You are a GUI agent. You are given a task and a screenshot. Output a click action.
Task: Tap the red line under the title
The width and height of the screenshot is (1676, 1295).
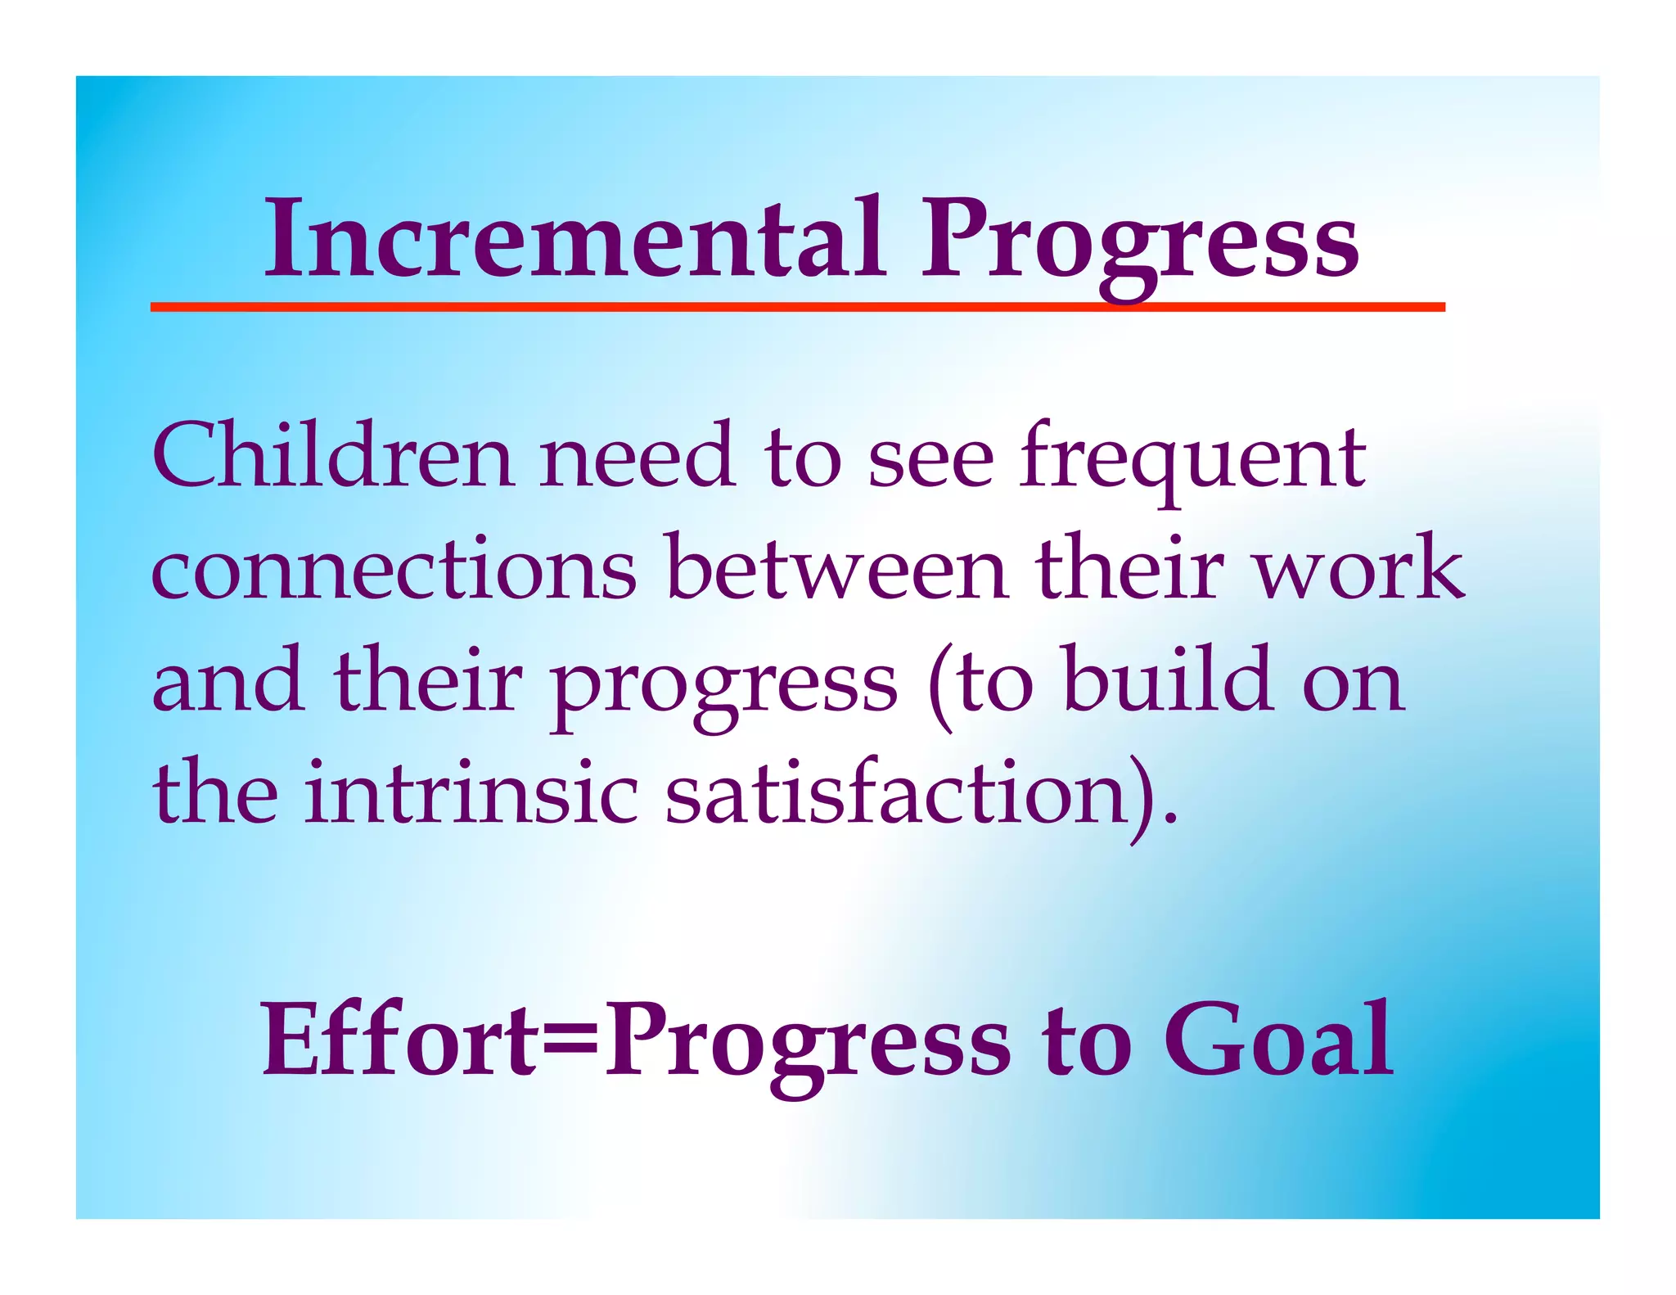[797, 307]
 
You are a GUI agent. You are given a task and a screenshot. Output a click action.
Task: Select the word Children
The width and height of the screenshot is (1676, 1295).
[332, 456]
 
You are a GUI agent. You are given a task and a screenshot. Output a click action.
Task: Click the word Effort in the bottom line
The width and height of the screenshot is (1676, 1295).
[399, 1040]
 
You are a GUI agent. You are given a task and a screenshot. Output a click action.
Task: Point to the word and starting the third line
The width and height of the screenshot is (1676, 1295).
[228, 681]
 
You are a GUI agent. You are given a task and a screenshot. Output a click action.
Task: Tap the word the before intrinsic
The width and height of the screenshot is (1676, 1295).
[215, 792]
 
